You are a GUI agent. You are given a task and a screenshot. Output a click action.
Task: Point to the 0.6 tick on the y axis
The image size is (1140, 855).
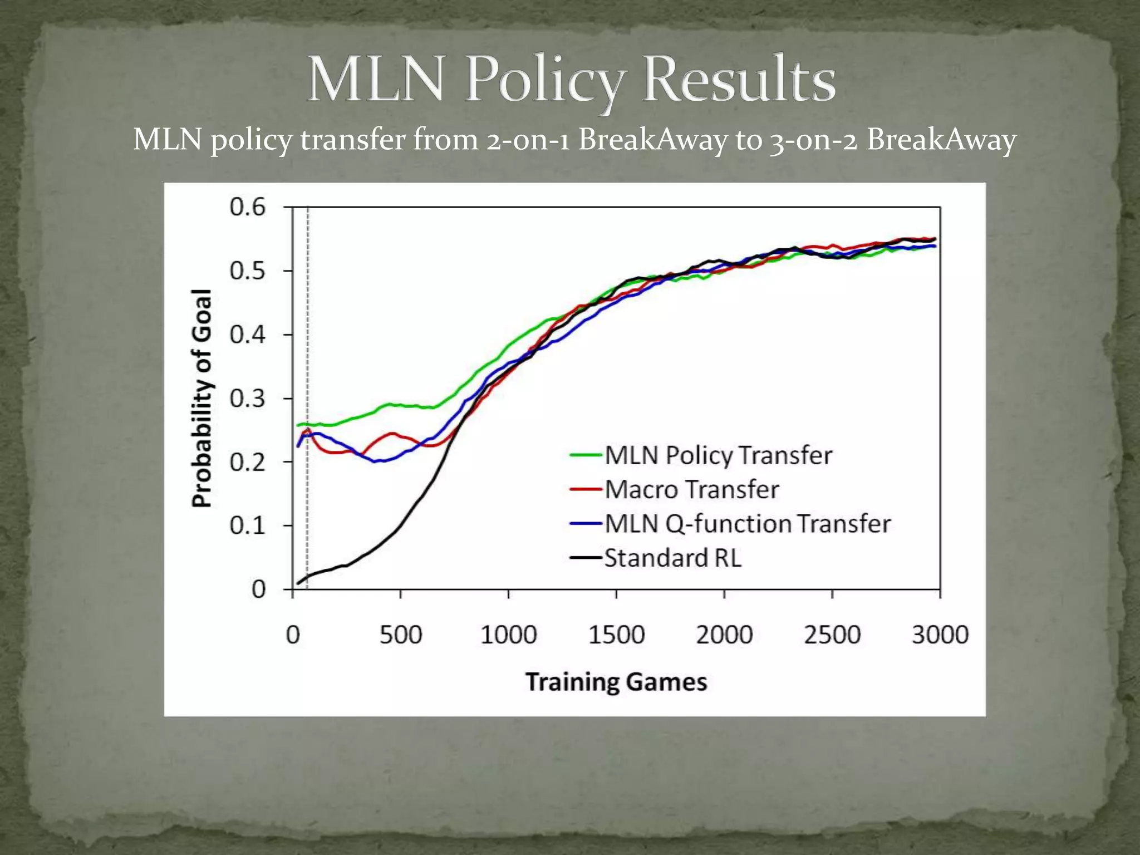tap(248, 207)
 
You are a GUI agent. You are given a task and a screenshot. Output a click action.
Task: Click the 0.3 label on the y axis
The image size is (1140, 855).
tap(248, 399)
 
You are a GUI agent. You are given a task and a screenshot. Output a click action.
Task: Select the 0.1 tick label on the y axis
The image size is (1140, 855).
tap(248, 525)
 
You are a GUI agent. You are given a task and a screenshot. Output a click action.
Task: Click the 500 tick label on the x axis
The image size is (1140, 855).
tap(401, 635)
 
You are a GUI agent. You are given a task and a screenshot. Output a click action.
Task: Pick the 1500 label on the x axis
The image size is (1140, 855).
tap(616, 635)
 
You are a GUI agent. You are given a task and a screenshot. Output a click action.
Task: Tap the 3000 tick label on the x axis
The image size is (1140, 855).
tap(940, 635)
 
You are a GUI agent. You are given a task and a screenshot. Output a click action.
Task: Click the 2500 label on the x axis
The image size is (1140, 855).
tap(832, 635)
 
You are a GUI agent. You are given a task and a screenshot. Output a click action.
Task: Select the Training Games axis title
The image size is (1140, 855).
tap(616, 682)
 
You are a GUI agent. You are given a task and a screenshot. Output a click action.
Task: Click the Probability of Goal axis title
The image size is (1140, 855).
tap(202, 399)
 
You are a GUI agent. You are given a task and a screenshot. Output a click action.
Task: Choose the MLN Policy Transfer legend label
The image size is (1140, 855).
tap(718, 455)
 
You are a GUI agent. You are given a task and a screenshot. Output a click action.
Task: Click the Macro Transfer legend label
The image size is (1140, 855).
tap(691, 490)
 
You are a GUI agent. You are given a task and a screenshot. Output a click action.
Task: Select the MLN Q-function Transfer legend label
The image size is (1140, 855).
tap(747, 524)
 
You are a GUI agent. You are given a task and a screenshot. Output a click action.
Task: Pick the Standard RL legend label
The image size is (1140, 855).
tap(672, 558)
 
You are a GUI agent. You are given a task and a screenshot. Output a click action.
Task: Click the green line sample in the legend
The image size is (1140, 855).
tap(586, 455)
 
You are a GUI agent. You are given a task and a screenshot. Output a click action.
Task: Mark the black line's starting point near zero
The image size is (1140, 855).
tap(298, 583)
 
